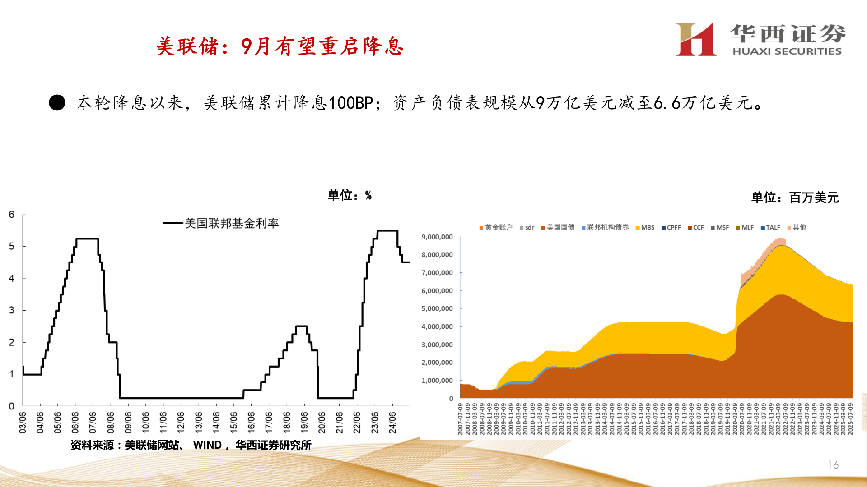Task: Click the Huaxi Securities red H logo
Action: coord(696,40)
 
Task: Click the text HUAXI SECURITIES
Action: coord(787,51)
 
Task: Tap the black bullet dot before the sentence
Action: coord(57,103)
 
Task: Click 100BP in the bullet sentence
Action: coord(350,103)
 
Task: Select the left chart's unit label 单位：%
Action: coord(349,195)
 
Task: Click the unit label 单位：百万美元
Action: coord(795,198)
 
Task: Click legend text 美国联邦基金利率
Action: coord(231,223)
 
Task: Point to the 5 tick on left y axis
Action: coord(12,246)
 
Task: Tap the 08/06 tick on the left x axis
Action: coord(111,422)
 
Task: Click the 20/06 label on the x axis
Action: coord(322,422)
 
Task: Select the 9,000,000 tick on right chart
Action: coord(437,237)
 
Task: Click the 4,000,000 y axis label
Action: coord(437,326)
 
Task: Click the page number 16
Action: coord(833,464)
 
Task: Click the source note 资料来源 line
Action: coord(191,445)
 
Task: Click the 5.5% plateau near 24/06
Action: coord(387,231)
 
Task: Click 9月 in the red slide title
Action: coord(256,46)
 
